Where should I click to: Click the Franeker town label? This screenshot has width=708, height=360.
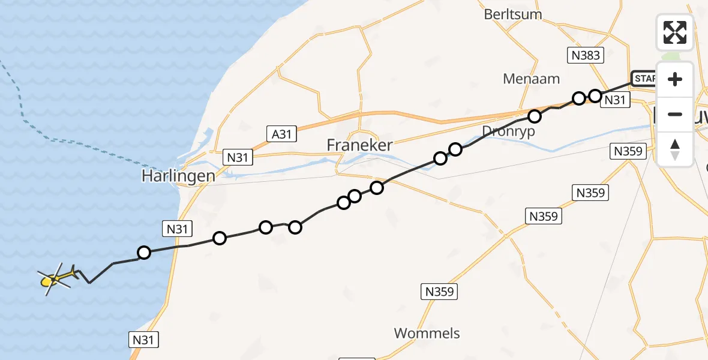[x=360, y=145]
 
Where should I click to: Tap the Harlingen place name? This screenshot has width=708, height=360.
[x=178, y=176]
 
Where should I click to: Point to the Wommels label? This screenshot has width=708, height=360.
[x=427, y=333]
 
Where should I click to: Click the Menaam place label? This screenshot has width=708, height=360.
[x=523, y=79]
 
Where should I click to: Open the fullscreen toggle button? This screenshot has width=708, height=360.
[x=674, y=32]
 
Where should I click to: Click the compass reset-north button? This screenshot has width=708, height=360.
[x=674, y=149]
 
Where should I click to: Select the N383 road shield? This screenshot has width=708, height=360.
[x=584, y=56]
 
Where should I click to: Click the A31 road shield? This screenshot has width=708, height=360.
[x=281, y=134]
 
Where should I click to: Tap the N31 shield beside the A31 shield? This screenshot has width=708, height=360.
[x=238, y=157]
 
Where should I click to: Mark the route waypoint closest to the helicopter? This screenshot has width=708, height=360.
[x=144, y=253]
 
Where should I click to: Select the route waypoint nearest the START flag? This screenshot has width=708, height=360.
[x=595, y=95]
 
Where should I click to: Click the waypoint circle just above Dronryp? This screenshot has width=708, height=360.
[x=534, y=115]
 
